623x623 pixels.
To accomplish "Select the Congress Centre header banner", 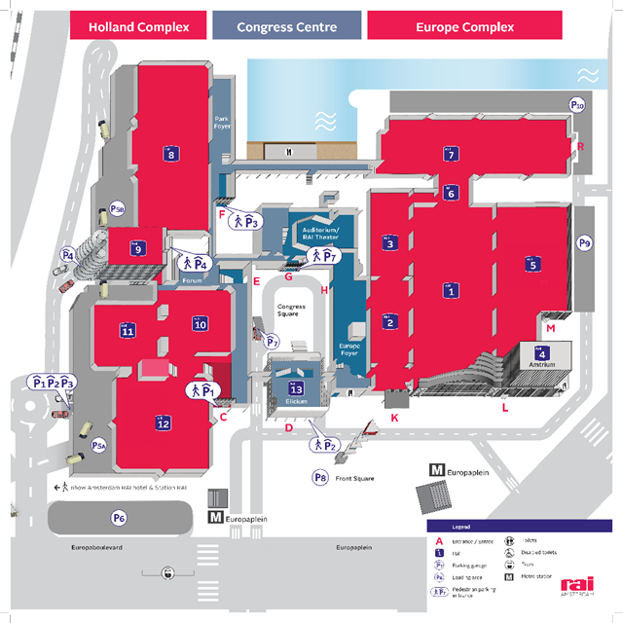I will [286, 26].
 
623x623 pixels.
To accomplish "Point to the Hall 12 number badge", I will [164, 422].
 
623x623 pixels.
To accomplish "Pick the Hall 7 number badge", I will [451, 154].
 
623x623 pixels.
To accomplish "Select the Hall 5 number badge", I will [531, 263].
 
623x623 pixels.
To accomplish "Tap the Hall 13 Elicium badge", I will [297, 388].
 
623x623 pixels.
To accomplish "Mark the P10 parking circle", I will [577, 105].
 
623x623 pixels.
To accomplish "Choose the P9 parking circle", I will [584, 242].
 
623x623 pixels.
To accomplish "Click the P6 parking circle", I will [119, 518].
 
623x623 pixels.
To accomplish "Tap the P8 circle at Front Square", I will [319, 477].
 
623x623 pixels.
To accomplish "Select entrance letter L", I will [504, 409].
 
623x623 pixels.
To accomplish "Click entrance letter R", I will [581, 147].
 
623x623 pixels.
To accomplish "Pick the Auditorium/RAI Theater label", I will [313, 229].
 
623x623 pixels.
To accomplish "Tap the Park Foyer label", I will [221, 123].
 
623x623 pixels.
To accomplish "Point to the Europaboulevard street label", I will [92, 548].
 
